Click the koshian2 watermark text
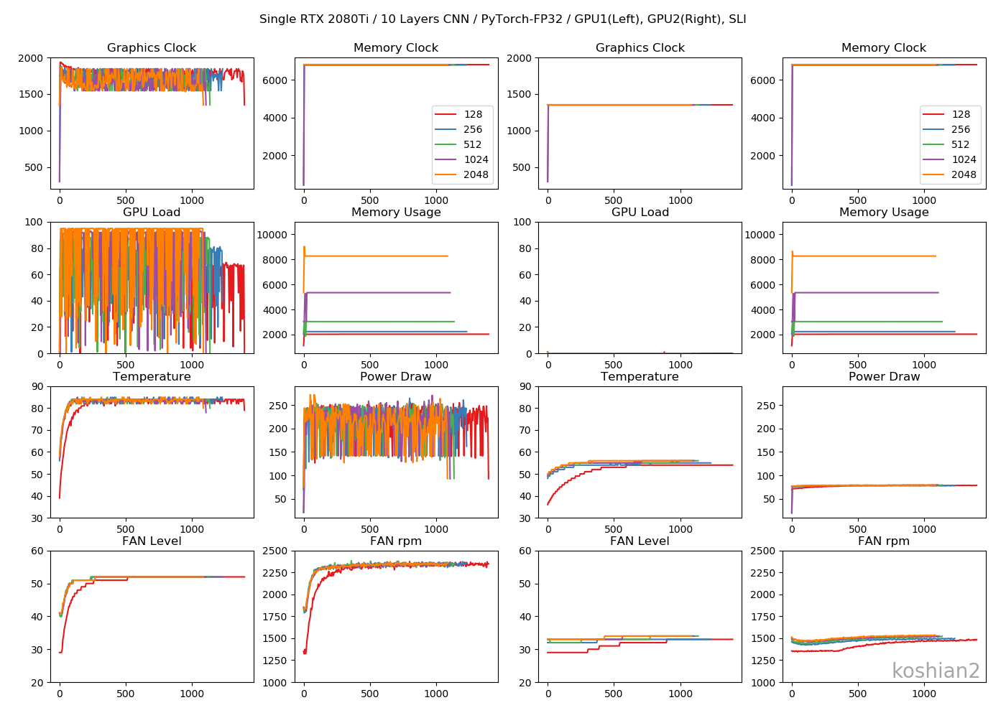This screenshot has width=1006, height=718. (x=936, y=671)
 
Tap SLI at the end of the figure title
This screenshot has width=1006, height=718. (x=737, y=19)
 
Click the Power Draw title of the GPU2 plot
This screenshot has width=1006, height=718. (x=884, y=377)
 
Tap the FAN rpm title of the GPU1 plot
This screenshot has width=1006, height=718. (x=396, y=541)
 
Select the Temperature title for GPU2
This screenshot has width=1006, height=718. (x=640, y=377)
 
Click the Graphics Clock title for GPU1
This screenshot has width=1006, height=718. (x=152, y=48)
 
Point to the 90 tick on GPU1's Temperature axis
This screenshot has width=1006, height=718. (x=37, y=386)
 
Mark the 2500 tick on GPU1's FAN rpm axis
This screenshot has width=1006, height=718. (x=275, y=551)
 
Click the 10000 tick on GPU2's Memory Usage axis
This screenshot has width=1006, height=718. (x=760, y=235)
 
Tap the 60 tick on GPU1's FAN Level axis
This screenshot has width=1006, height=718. (x=37, y=551)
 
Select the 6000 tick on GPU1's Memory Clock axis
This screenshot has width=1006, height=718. (x=275, y=80)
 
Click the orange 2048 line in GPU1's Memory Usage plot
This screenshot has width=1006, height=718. (x=374, y=256)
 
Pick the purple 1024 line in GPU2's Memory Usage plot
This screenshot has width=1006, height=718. (x=862, y=293)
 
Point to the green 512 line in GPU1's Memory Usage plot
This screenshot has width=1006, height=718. (x=374, y=322)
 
